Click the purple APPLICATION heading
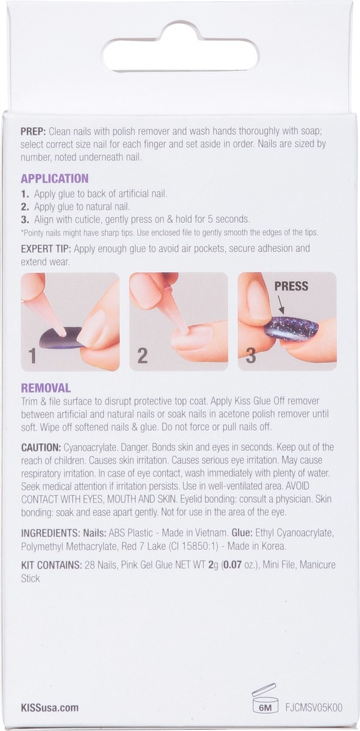54,178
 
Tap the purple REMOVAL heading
46,388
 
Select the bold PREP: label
34,131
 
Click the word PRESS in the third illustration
291,286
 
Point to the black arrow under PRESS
280,305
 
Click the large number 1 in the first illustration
32,356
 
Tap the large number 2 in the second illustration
142,356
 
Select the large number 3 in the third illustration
250,356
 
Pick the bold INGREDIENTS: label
51,533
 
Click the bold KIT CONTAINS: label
51,565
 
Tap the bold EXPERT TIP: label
46,249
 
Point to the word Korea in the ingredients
274,546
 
